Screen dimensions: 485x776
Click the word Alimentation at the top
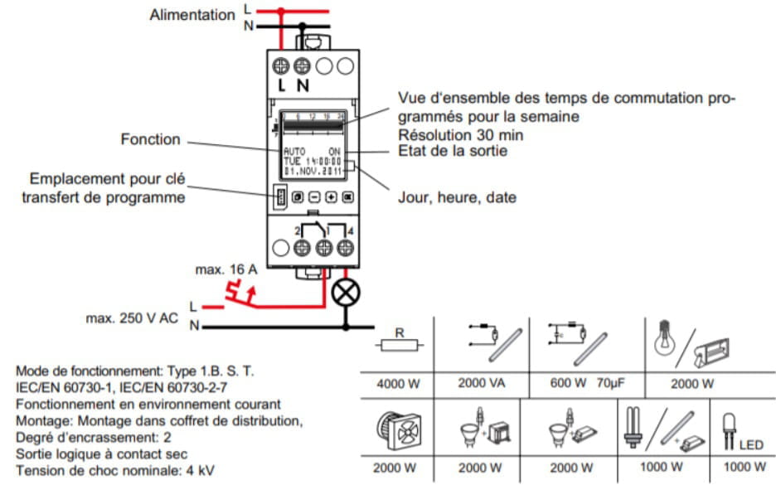[192, 15]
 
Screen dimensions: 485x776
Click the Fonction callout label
[150, 139]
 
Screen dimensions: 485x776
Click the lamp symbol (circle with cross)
[343, 292]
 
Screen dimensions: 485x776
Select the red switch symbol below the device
[240, 293]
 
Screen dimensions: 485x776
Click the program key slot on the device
[281, 198]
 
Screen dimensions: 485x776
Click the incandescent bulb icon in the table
[668, 338]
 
